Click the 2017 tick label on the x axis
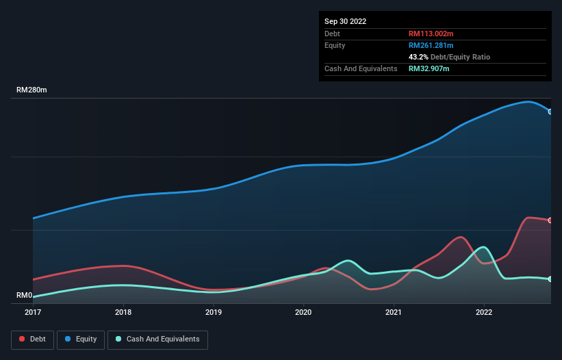pyautogui.click(x=33, y=313)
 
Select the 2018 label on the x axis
pyautogui.click(x=123, y=313)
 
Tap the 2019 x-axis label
pyautogui.click(x=214, y=313)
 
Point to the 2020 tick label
pyautogui.click(x=303, y=313)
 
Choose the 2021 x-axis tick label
pyautogui.click(x=394, y=313)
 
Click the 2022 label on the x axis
pyautogui.click(x=484, y=313)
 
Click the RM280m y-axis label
pyautogui.click(x=31, y=90)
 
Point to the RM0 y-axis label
pyautogui.click(x=25, y=296)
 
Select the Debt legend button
pyautogui.click(x=32, y=339)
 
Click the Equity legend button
pyautogui.click(x=81, y=339)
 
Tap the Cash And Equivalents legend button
pyautogui.click(x=157, y=339)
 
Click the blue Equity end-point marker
pyautogui.click(x=550, y=112)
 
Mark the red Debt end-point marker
pyautogui.click(x=550, y=220)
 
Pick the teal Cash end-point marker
pyautogui.click(x=550, y=279)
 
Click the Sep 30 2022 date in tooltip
pyautogui.click(x=346, y=21)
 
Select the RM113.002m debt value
pyautogui.click(x=432, y=34)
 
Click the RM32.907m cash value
pyautogui.click(x=429, y=68)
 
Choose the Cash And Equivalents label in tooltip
pyautogui.click(x=361, y=68)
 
